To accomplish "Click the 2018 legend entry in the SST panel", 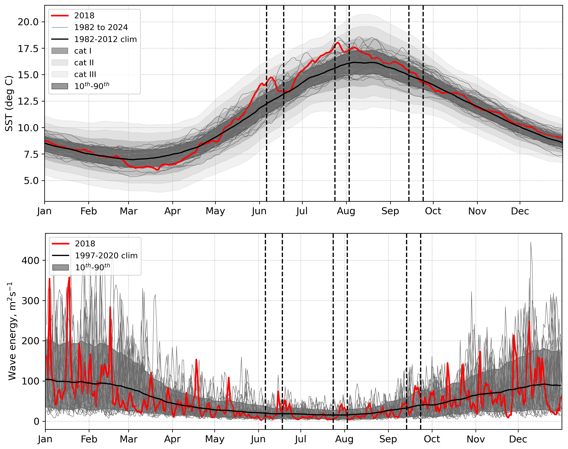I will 84,16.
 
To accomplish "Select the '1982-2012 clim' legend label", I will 105,39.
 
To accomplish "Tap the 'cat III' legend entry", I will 85,74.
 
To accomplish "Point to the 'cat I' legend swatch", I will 60,51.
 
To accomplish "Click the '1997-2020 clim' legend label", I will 106,255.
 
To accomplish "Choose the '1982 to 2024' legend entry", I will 101,27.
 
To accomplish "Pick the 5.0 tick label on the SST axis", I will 31,181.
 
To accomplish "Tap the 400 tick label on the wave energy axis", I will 30,260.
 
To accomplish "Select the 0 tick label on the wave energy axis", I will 37,421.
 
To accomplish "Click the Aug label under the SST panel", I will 346,211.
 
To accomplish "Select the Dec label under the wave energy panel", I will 518,439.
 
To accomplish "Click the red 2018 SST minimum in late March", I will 157,170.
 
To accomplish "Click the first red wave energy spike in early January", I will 50,279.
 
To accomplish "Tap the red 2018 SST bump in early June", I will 272,77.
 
